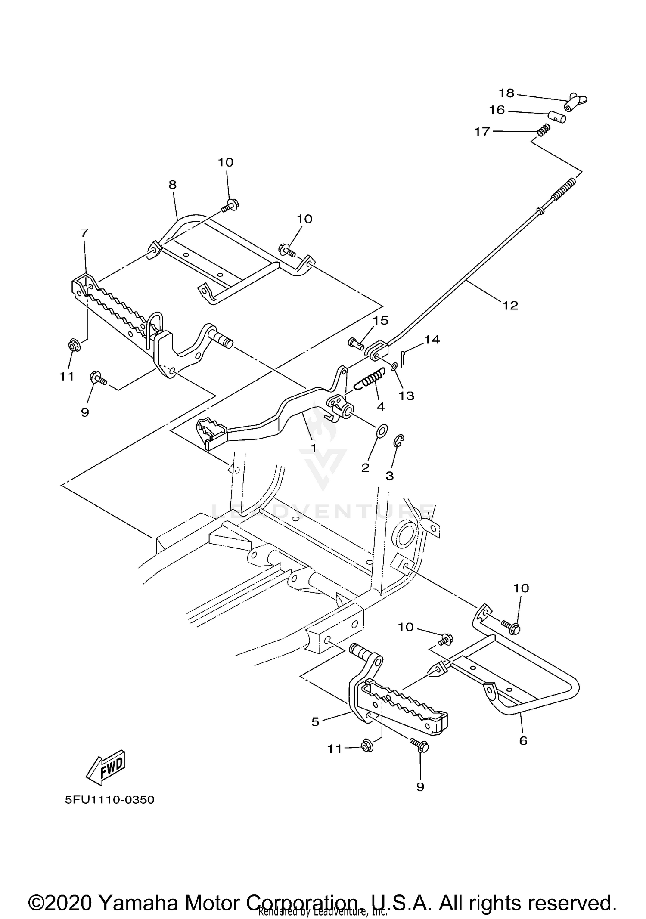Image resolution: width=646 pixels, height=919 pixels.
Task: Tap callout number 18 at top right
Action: tap(507, 93)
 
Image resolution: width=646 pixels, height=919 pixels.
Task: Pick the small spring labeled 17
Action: tap(544, 129)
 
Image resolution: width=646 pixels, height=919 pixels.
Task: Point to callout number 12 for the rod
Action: tap(510, 306)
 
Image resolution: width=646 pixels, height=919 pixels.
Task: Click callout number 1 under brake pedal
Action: tap(314, 448)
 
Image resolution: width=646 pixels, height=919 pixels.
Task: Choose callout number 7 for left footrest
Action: tap(84, 233)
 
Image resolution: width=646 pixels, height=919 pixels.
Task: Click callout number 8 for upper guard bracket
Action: tap(172, 185)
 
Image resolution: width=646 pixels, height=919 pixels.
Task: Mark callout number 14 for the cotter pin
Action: tap(432, 340)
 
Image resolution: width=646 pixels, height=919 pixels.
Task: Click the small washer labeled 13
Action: tap(394, 367)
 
